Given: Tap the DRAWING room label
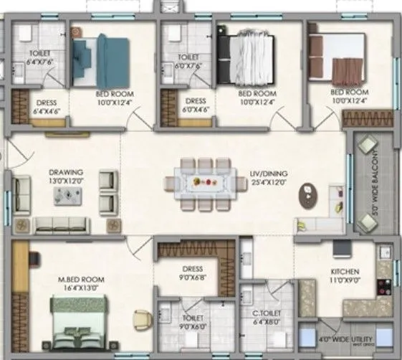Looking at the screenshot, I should tap(66, 172).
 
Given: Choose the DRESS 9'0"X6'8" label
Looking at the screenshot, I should tap(191, 273).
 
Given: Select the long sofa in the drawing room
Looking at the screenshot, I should tap(60, 224).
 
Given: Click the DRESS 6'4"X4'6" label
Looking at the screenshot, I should tap(47, 107).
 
